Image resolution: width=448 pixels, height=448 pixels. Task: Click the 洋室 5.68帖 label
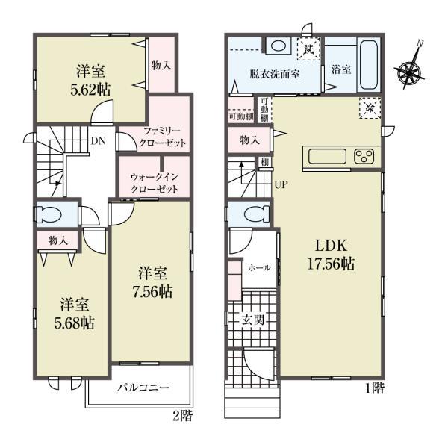point(74,314)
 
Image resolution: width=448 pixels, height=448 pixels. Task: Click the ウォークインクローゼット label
point(153,183)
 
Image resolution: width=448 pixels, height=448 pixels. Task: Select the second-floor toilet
point(51,212)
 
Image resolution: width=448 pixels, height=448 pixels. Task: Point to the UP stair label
point(281,184)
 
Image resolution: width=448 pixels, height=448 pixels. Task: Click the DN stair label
point(97,140)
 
